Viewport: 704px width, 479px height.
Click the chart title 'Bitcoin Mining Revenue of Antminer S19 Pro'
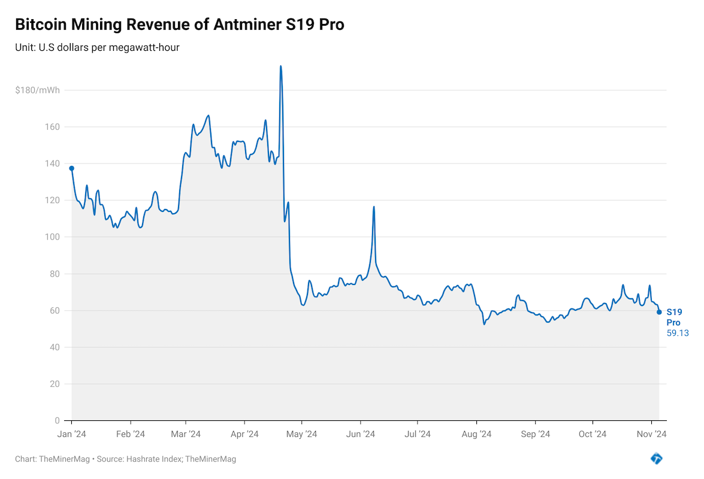click(x=179, y=25)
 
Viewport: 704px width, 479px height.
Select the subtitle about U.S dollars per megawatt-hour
click(x=97, y=47)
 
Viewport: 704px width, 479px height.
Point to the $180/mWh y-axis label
click(x=38, y=90)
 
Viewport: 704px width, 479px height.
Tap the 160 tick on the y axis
click(x=53, y=127)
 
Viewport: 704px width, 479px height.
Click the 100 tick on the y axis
click(x=53, y=237)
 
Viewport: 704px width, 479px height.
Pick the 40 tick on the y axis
click(x=55, y=347)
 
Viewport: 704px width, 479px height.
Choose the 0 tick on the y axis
click(x=58, y=421)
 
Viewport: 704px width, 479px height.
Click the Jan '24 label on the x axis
click(x=72, y=434)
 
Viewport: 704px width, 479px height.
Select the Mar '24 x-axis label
click(x=186, y=434)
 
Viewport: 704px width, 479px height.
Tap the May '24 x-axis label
click(x=302, y=434)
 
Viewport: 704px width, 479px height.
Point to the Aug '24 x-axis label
click(x=477, y=434)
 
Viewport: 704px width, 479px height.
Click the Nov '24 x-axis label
click(x=651, y=434)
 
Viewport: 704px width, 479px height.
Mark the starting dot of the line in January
click(x=72, y=168)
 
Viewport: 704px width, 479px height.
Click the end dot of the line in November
click(x=659, y=312)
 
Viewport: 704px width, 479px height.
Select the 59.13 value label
click(x=678, y=333)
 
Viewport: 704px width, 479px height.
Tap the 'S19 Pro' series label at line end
click(x=674, y=317)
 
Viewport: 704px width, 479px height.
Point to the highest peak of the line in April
click(x=280, y=66)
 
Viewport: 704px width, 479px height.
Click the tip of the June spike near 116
click(x=374, y=207)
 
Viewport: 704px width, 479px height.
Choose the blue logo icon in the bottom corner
click(x=657, y=459)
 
